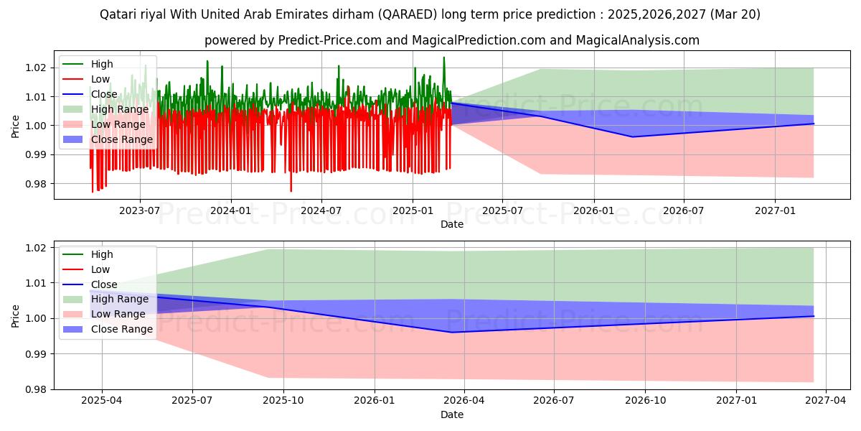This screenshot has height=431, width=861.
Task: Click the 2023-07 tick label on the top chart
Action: (139, 210)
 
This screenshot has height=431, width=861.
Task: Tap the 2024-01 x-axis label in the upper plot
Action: (230, 210)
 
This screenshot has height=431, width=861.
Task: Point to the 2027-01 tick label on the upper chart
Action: (775, 210)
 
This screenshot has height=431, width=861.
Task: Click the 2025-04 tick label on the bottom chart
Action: (102, 401)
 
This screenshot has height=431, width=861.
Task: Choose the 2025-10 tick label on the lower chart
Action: (283, 401)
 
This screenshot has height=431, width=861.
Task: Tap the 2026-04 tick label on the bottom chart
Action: (464, 401)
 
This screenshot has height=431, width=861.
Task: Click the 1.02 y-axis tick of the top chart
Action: (36, 68)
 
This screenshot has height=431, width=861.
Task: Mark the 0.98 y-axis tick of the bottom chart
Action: (36, 389)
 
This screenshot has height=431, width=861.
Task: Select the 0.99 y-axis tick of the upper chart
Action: (36, 154)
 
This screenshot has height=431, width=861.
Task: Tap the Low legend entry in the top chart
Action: (100, 79)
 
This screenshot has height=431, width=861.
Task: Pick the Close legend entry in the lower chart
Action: (104, 284)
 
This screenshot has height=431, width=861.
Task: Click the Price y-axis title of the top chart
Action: (16, 126)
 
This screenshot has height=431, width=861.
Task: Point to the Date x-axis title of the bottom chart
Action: (452, 414)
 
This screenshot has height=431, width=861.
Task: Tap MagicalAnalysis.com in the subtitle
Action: (638, 40)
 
